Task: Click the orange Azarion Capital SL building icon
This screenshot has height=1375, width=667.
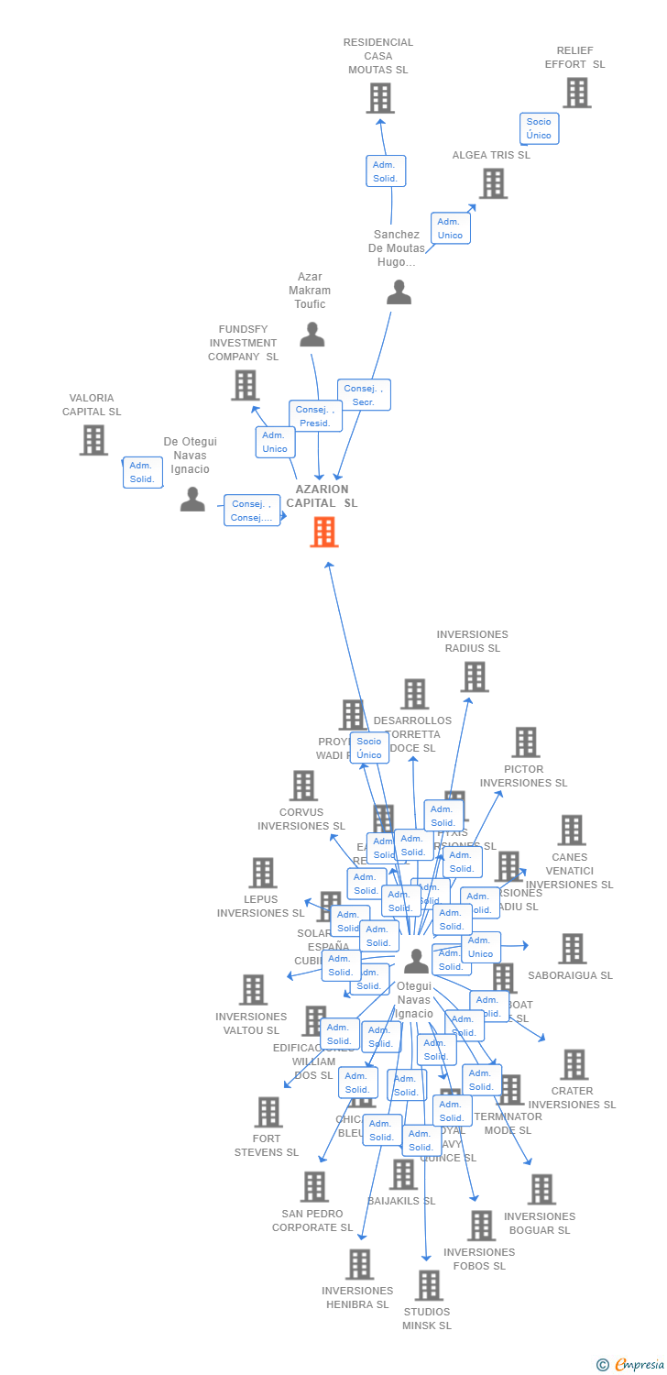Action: (x=324, y=532)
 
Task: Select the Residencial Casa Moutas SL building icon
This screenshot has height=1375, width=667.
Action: (x=380, y=98)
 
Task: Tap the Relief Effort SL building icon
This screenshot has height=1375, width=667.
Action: (x=576, y=93)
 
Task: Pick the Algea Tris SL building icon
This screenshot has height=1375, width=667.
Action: (x=493, y=183)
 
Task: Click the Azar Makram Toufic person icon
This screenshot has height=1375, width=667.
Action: (x=312, y=335)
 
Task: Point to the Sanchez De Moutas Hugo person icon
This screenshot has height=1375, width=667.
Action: (x=399, y=292)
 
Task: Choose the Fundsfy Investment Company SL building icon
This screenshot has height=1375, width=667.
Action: (x=245, y=385)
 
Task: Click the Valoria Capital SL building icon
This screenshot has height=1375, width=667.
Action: (x=93, y=440)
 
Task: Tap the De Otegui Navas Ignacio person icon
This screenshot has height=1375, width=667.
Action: (x=192, y=500)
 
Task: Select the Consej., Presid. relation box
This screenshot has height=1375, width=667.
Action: (x=315, y=416)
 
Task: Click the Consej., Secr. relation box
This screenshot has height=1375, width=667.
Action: (x=364, y=395)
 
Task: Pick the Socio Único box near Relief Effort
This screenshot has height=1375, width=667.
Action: (x=539, y=128)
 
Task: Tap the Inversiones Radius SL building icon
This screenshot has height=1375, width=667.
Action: (x=474, y=676)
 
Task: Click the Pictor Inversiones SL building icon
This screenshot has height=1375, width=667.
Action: (x=525, y=742)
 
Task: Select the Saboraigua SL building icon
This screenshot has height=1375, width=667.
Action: (x=573, y=949)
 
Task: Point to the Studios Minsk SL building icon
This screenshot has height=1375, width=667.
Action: (x=429, y=1285)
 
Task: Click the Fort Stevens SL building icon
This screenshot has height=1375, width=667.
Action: (x=268, y=1112)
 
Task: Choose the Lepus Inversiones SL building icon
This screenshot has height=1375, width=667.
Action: (x=263, y=873)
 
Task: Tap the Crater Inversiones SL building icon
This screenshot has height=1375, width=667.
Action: (x=574, y=1064)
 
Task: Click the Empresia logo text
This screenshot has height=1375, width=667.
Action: (x=639, y=1365)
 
